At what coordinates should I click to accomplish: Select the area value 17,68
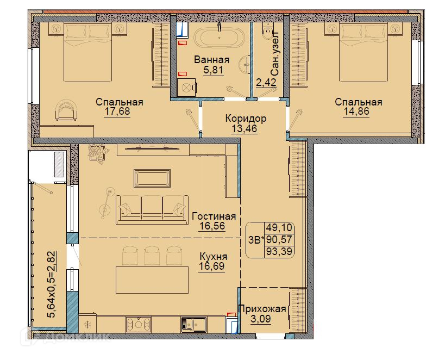pos(117,111)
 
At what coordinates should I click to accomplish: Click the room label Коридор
pos(246,118)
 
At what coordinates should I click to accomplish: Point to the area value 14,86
pos(357,111)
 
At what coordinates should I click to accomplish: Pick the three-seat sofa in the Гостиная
pos(152,210)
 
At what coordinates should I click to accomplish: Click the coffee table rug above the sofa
pos(152,178)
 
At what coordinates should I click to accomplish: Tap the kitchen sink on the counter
pos(194,324)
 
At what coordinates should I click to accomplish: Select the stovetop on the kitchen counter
pos(139,324)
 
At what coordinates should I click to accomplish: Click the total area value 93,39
pos(279,251)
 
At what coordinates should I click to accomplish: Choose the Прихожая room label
pos(262,308)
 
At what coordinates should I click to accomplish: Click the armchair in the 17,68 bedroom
pos(66,110)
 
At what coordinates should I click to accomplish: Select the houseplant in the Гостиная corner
pos(98,153)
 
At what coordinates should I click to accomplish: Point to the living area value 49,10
pos(279,228)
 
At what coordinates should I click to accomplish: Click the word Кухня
pos(214,257)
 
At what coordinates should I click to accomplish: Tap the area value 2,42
pos(266,83)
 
